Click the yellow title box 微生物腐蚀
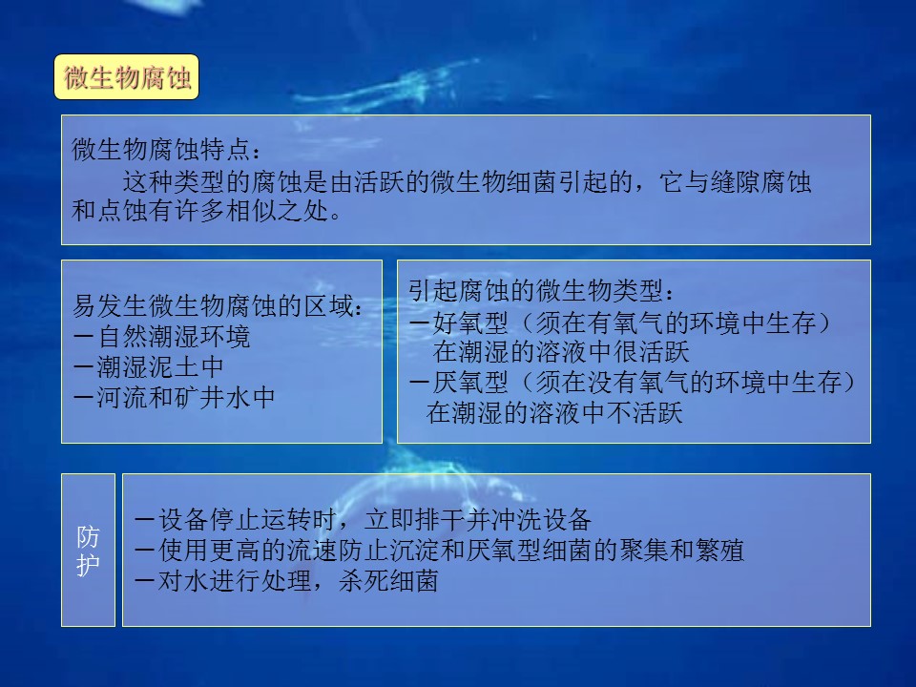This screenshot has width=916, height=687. [x=127, y=77]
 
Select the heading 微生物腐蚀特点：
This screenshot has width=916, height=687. [x=167, y=150]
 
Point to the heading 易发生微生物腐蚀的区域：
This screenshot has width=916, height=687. [x=219, y=305]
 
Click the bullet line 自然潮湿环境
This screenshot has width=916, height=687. [x=162, y=337]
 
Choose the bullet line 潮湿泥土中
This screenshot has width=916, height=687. [x=149, y=366]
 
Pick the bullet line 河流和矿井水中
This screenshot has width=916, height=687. [x=175, y=397]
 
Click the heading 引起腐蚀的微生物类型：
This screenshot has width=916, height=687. [x=543, y=290]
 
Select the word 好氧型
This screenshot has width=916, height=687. [x=470, y=322]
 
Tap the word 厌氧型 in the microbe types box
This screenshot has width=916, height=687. [x=470, y=383]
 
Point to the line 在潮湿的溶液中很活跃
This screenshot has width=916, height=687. [x=561, y=352]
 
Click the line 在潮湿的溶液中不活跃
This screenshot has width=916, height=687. [x=554, y=413]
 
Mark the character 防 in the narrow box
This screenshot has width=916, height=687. [x=88, y=536]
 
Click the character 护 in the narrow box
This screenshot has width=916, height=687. [x=88, y=564]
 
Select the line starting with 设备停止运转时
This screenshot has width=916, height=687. [x=363, y=519]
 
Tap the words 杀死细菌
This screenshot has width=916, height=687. [x=388, y=581]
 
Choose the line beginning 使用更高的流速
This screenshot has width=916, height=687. [x=439, y=551]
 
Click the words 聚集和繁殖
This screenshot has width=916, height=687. [x=681, y=551]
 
